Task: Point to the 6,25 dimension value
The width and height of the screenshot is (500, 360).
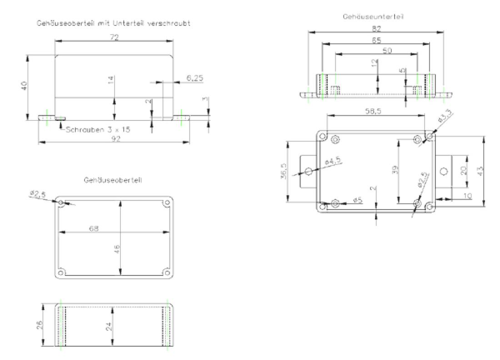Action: click(195, 78)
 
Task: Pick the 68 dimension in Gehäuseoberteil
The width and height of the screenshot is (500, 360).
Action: click(94, 227)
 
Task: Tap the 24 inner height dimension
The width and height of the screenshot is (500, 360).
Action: click(109, 326)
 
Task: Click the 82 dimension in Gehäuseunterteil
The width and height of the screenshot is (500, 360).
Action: click(376, 28)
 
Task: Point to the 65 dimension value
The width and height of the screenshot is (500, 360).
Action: click(376, 40)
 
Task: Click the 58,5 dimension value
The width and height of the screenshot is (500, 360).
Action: click(375, 111)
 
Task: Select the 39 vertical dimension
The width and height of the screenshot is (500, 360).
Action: click(395, 170)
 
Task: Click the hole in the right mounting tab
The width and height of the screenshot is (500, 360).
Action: click(444, 171)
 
